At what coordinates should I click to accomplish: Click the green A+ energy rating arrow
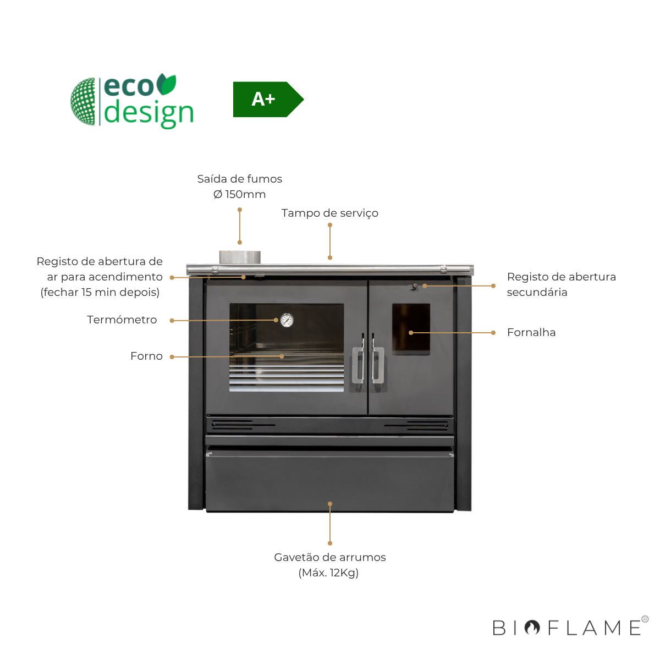coord(267,100)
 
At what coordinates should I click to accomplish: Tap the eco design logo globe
coord(84,102)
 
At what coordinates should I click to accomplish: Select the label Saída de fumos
coord(239,179)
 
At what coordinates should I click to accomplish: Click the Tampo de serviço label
coord(329,213)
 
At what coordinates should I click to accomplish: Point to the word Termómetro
coord(122,320)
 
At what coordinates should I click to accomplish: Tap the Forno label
coord(146,356)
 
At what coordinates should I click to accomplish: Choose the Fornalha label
coord(531,333)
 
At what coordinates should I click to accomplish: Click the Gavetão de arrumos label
coord(329,558)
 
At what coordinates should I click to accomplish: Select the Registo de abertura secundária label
coord(560,284)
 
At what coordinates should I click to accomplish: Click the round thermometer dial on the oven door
coord(287,320)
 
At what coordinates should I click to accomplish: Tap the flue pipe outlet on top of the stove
coord(240,257)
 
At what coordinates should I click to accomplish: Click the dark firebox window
coord(411,329)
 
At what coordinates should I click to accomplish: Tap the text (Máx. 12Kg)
coord(328,573)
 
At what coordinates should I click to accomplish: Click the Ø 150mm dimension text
coord(239,195)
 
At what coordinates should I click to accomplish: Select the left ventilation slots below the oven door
coord(232,425)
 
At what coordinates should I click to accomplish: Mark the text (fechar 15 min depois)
coord(100,293)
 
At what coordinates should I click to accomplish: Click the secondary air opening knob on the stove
coord(415,287)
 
